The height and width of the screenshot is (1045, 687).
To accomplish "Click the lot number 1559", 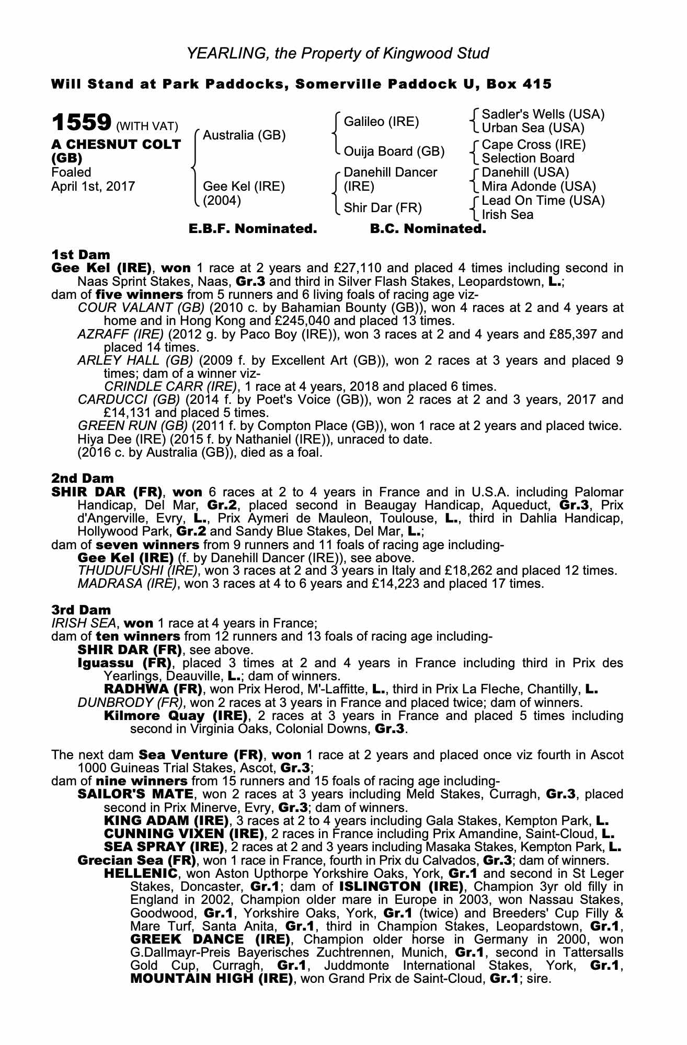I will tap(81, 123).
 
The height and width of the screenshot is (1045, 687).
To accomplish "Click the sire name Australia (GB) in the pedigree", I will tap(244, 135).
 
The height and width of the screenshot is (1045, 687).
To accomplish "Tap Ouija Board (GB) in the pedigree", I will tap(394, 152).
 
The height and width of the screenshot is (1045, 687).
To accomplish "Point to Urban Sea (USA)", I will tap(533, 128).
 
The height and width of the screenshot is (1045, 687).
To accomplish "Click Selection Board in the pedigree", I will tap(528, 158).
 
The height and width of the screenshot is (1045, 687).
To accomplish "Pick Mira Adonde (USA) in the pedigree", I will tap(539, 187).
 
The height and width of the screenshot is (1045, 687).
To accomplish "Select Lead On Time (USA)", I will tap(543, 201).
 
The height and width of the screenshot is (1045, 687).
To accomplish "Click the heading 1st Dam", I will tap(81, 255).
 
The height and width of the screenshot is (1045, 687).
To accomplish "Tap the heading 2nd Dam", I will tap(82, 478).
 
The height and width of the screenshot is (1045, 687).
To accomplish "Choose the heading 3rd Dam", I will tap(81, 610).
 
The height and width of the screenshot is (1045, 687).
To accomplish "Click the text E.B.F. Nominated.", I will tap(253, 229).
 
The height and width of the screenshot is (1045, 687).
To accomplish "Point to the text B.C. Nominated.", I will tap(428, 229).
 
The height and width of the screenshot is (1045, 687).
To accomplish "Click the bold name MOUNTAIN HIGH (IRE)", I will tap(211, 979).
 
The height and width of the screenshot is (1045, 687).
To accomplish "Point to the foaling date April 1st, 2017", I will tap(93, 187).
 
